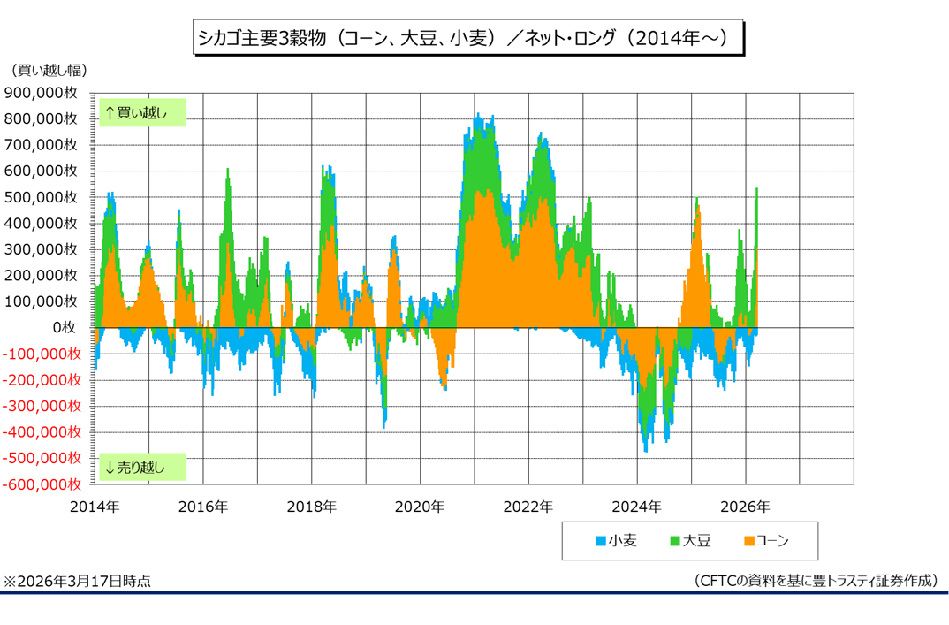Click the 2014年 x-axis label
click(94, 507)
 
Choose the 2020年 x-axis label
click(420, 507)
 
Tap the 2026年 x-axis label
click(746, 507)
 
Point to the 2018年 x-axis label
click(311, 507)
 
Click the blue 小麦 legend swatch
click(599, 541)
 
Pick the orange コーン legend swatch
click(749, 541)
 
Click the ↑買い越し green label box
click(142, 112)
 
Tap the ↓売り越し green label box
click(142, 467)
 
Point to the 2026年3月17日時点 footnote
click(77, 581)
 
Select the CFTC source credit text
click(816, 581)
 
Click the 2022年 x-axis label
click(528, 507)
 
